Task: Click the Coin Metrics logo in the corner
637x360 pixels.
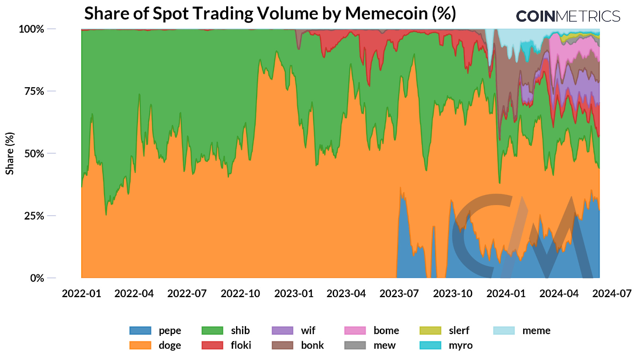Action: [568, 16]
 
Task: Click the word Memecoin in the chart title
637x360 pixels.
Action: [386, 14]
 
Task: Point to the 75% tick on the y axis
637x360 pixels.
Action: [34, 91]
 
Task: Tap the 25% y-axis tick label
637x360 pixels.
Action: [34, 216]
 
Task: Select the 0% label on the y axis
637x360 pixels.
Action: [37, 278]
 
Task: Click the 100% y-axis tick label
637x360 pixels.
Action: [31, 29]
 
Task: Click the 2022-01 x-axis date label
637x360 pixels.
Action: [82, 293]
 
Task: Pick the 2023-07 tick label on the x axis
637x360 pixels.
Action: [399, 293]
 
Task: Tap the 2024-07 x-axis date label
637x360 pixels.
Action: [612, 293]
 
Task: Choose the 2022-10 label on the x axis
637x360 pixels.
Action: [240, 293]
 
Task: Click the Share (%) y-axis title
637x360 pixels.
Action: [10, 153]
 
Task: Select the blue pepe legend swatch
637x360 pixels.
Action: [140, 331]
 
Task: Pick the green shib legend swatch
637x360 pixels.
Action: [212, 331]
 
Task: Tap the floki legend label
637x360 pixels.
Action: [241, 345]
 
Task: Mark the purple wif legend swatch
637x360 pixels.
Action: [282, 331]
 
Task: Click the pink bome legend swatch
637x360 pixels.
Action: [355, 331]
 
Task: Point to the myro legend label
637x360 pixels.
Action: [461, 345]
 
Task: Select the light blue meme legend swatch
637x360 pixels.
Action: [504, 331]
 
